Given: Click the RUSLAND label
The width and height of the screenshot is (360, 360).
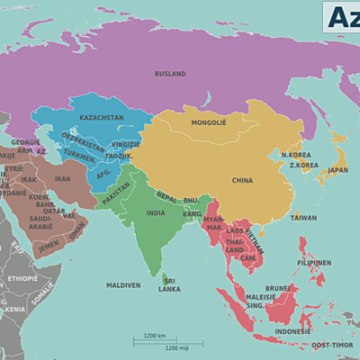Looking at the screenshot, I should (x=169, y=74).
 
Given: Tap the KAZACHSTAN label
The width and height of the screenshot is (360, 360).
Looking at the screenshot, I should (x=101, y=118).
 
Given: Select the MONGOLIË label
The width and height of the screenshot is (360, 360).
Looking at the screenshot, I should (x=209, y=121).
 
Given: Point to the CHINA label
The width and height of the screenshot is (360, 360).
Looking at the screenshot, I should (x=242, y=179).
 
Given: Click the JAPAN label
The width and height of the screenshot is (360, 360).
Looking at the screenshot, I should (x=337, y=169).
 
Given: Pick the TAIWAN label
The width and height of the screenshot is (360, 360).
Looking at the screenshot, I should (x=303, y=217).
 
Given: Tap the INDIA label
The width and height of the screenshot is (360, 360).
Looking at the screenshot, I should (x=157, y=214).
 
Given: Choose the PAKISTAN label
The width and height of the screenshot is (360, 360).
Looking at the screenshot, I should (x=116, y=198).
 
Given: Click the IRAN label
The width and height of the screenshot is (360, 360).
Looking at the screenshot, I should (x=63, y=179).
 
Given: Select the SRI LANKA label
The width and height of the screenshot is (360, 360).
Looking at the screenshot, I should (x=169, y=284).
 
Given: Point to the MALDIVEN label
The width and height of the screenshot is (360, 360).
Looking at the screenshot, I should (x=122, y=285).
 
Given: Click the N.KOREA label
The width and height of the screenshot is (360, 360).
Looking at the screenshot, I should (x=296, y=155).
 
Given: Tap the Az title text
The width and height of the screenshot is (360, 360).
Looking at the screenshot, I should (x=340, y=16).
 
